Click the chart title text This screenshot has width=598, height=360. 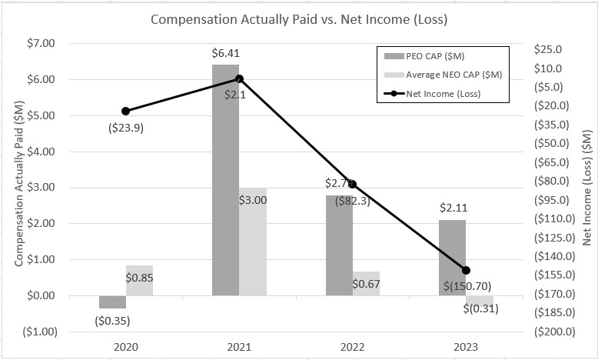coord(298,18)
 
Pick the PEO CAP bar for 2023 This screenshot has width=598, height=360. coord(452,258)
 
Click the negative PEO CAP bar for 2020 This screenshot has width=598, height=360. coord(112,302)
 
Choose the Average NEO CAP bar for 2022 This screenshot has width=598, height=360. coord(366,283)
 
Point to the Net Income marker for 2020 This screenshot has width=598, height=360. coord(125,111)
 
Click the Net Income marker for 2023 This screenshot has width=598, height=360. coord(466,270)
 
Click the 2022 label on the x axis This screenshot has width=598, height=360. coord(352,347)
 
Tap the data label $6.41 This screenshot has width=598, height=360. coord(225,54)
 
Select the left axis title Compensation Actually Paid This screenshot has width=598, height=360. coord(18,187)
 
